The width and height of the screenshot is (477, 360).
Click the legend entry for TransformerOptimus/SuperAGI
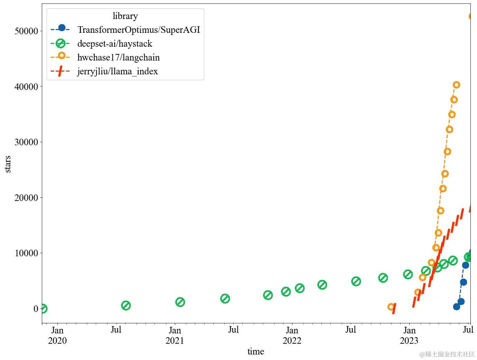[x=138, y=30]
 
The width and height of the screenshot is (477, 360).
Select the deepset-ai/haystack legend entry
[x=114, y=44]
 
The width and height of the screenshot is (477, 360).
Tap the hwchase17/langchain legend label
[x=118, y=57]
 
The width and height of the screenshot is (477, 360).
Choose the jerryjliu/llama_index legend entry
[x=117, y=71]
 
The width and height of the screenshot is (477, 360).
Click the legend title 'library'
[x=125, y=16]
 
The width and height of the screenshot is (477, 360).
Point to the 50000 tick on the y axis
[x=26, y=31]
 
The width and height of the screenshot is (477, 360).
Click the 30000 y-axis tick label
[x=26, y=142]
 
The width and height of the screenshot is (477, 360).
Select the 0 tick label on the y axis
[x=36, y=308]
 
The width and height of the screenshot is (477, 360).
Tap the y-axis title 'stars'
[x=8, y=164]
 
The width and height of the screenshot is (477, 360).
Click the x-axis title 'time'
[x=256, y=351]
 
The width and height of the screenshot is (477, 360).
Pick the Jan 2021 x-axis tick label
[x=175, y=335]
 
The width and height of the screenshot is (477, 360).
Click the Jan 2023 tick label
[x=409, y=335]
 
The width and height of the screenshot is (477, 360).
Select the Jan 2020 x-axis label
[x=57, y=335]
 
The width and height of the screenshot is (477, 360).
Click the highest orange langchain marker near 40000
[x=456, y=85]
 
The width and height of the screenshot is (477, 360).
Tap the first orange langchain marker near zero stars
[x=391, y=307]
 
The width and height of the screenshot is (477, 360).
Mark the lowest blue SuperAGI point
[x=457, y=306]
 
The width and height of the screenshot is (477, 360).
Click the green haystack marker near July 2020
[x=126, y=305]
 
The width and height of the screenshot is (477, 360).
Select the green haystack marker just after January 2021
[x=180, y=302]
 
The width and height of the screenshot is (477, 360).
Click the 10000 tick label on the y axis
[x=26, y=253]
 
